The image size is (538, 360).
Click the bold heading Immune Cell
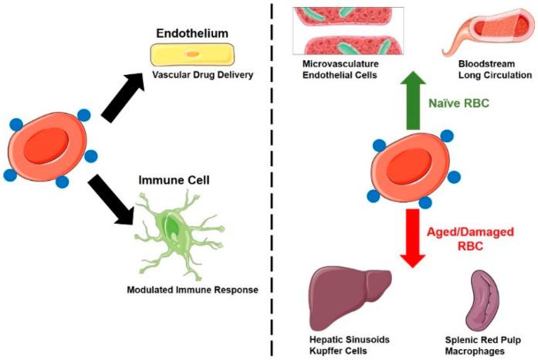tap(176, 180)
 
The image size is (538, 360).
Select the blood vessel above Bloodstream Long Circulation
tap(476, 35)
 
